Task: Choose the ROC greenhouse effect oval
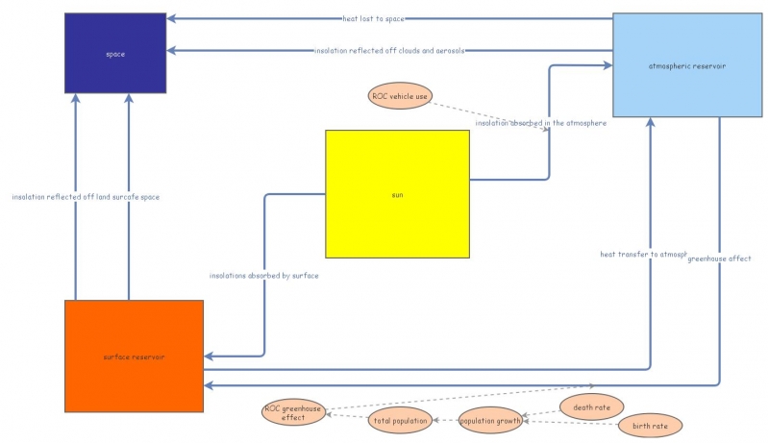click(292, 412)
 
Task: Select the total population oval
click(400, 420)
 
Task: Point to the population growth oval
click(490, 420)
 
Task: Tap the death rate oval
click(591, 407)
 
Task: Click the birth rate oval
click(651, 425)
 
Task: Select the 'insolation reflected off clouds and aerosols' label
click(389, 50)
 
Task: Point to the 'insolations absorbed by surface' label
click(264, 276)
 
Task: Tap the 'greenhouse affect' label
click(720, 258)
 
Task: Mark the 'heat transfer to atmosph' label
click(643, 255)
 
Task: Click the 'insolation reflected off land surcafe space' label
click(86, 197)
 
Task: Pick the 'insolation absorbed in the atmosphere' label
click(540, 123)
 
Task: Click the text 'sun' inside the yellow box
click(397, 195)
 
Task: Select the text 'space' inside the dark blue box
click(115, 54)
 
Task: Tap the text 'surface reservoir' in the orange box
click(134, 357)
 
